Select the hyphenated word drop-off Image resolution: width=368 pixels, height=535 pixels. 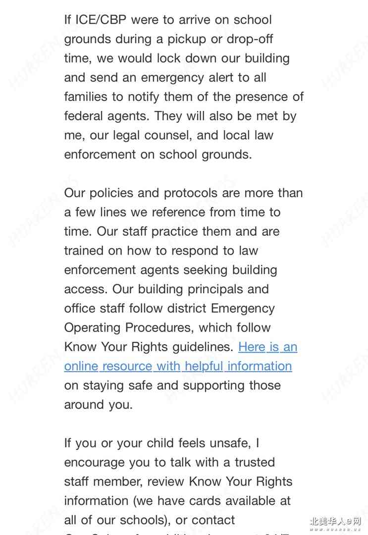tap(250, 39)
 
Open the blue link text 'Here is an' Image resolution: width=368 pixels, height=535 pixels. tap(268, 347)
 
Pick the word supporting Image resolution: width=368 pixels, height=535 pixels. tap(206, 385)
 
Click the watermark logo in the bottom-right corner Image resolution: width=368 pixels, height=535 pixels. tap(335, 523)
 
